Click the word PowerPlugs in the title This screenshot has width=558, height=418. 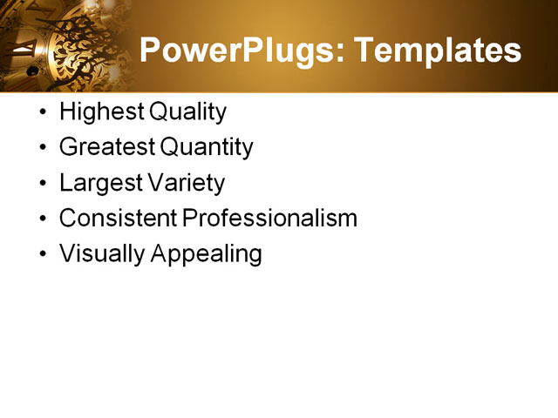233,51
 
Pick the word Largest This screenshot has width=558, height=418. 98,184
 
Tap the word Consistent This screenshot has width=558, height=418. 118,219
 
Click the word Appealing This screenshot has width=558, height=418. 208,254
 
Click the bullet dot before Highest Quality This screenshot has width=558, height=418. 44,113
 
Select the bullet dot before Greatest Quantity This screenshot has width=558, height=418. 44,149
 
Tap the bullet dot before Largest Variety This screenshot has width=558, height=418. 44,185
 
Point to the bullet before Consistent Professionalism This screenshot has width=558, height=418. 44,219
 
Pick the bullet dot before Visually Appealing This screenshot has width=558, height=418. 44,255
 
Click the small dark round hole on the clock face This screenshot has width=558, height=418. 32,71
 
